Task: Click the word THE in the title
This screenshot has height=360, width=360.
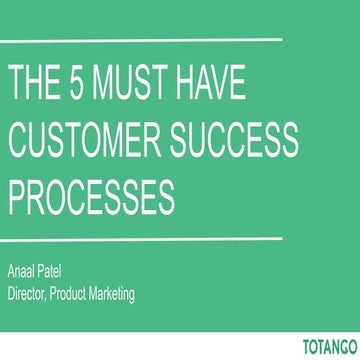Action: (37, 83)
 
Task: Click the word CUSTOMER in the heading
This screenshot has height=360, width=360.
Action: (90, 140)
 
